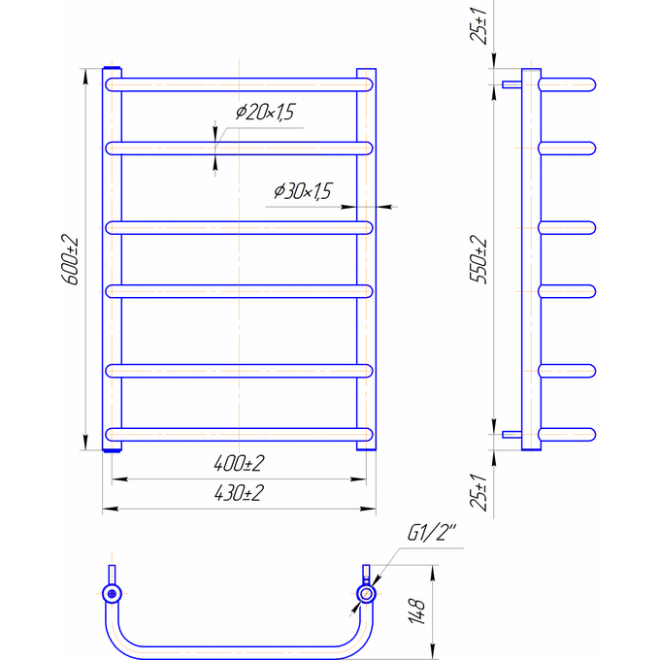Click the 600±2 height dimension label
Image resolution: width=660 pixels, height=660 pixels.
coord(70,260)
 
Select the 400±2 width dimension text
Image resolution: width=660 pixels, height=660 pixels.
coord(239,463)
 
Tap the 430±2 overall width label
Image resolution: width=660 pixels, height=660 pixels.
coord(239,493)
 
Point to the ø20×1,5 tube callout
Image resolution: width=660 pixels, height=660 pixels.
coord(265,112)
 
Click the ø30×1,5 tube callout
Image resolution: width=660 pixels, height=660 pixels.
coord(303,191)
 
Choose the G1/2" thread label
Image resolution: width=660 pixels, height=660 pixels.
coord(432,533)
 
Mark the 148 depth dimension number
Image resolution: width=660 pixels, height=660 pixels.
coord(416,611)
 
